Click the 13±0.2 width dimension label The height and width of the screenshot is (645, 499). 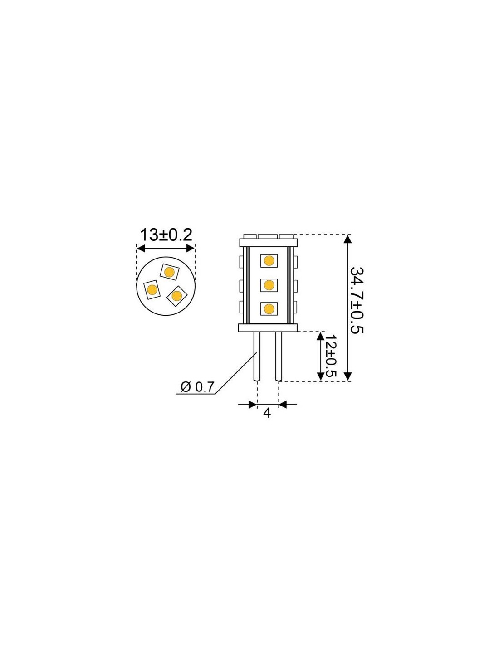point(166,235)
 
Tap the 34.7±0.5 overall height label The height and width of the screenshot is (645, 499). point(357,300)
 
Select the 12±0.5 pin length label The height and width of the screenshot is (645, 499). point(330,356)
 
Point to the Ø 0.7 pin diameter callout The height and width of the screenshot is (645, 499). point(197,387)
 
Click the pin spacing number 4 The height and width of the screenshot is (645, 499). point(267,413)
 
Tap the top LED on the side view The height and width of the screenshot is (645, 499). point(269,261)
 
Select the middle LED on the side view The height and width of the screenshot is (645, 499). point(269,285)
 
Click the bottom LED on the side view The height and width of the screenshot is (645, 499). point(269,309)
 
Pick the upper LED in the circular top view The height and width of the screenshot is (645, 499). point(169,272)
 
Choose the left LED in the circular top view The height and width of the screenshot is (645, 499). point(152,289)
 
